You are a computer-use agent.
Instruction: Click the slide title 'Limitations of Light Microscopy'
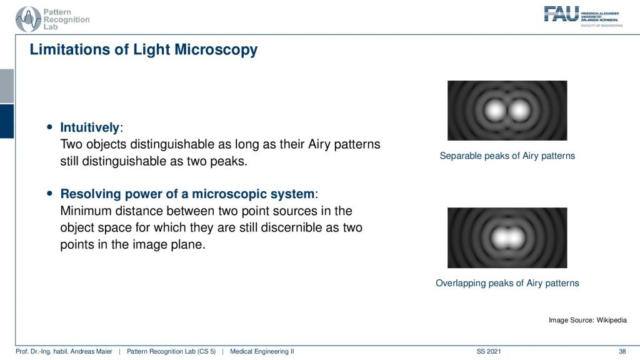coord(144,50)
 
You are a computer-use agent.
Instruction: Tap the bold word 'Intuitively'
coord(90,127)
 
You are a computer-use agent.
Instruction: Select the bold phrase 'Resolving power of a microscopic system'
coord(187,194)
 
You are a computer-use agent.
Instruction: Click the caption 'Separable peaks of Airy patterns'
coord(507,156)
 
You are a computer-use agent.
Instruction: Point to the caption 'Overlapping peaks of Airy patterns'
coord(507,283)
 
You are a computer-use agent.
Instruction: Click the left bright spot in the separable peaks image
coord(495,110)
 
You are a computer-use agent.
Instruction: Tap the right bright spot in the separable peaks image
coord(519,110)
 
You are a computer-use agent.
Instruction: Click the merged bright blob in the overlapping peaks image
coord(507,238)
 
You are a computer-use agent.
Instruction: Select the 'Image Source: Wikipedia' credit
coord(587,320)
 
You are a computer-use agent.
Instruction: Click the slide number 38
coord(622,351)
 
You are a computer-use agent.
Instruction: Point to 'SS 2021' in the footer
coord(489,351)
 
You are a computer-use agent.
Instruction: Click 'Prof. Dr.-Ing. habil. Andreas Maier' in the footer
coord(64,351)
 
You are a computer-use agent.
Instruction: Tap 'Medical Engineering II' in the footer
coord(262,351)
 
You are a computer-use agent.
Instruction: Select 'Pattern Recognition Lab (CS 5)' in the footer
coord(171,351)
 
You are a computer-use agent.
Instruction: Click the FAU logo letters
coord(561,14)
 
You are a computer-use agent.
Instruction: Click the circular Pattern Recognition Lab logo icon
coord(28,19)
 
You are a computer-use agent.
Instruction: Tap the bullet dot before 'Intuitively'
coord(50,127)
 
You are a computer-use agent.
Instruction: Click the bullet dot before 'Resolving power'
coord(50,194)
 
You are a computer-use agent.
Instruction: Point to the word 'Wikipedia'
coord(611,320)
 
